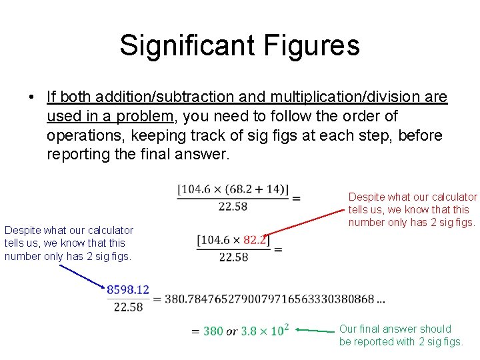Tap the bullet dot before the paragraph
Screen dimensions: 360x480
31,98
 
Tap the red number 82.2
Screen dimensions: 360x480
255,240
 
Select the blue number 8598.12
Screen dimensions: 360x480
128,289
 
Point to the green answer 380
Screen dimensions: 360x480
213,331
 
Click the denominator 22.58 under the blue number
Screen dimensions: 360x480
128,307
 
